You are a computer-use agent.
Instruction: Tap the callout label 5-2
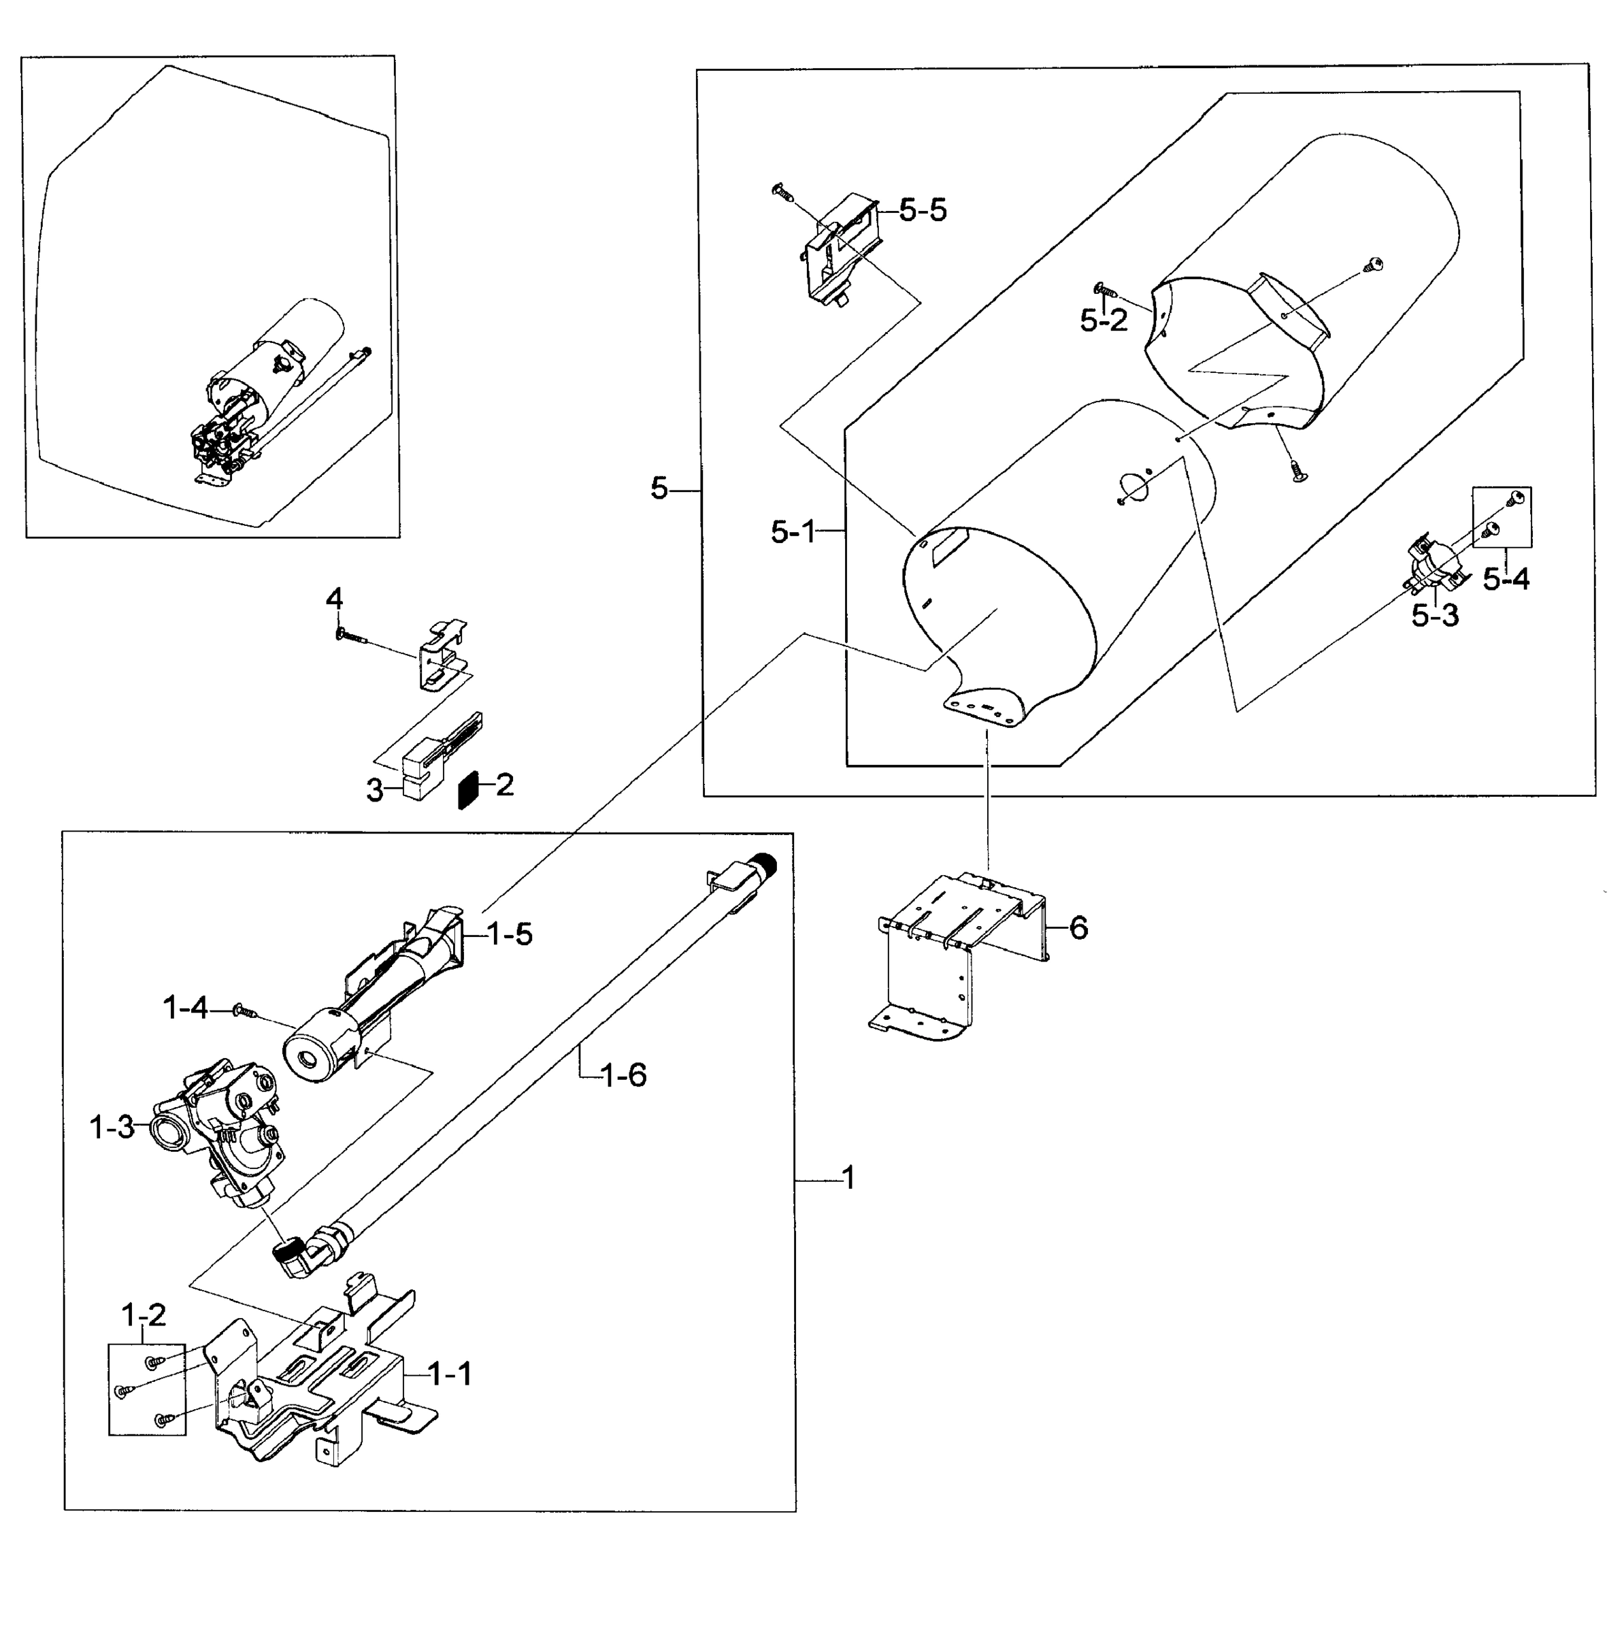pos(1103,320)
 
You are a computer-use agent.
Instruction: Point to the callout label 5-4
pos(1506,579)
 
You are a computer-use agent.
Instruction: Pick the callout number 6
pos(1078,928)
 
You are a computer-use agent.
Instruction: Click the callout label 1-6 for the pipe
pos(623,1075)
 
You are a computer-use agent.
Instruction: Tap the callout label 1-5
pos(509,934)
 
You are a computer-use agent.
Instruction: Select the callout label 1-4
pos(185,1008)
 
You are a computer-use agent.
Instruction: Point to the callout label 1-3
pos(112,1127)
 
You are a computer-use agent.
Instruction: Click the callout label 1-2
pos(144,1315)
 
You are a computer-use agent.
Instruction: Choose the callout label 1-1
pos(450,1374)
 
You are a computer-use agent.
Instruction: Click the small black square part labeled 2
pos(467,789)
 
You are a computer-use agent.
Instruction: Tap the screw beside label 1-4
pos(245,1010)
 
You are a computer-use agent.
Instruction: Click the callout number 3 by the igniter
pos(374,792)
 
